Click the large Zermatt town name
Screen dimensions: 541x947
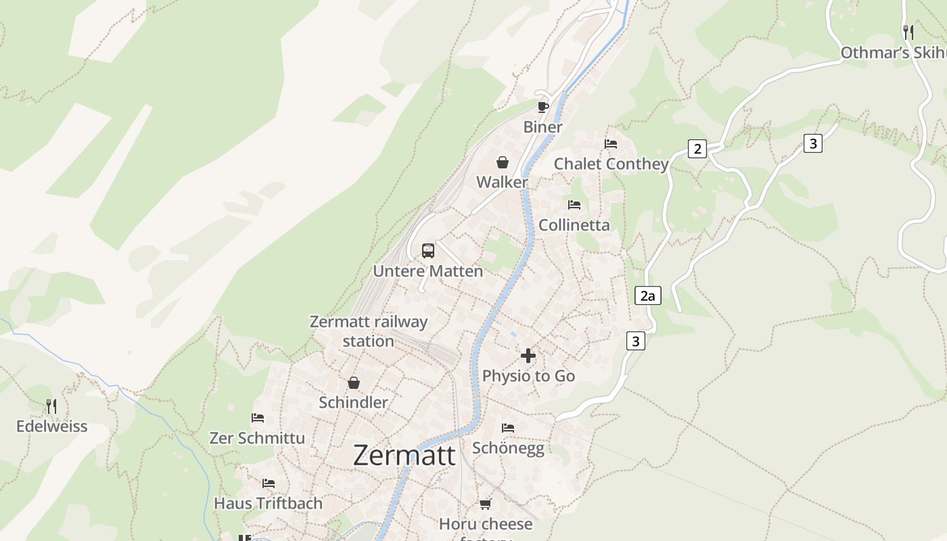point(405,455)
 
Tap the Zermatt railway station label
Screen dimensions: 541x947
point(369,331)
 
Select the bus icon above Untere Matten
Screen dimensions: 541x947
point(428,251)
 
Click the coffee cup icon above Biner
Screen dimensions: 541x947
point(542,107)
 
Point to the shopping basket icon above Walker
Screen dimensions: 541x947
point(503,162)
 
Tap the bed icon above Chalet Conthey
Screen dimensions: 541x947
point(611,144)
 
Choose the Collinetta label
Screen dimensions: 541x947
point(574,225)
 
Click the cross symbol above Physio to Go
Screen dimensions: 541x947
point(528,356)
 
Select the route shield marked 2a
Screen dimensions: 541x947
point(648,296)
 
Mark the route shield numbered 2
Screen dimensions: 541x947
point(697,149)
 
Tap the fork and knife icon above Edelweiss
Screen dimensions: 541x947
point(51,406)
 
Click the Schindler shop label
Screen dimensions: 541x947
point(353,402)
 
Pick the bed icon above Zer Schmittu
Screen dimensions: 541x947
point(258,418)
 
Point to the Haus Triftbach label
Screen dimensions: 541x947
point(268,503)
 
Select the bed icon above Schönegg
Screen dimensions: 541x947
point(508,428)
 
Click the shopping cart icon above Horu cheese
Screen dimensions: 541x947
point(485,504)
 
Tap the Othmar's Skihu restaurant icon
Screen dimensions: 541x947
point(908,32)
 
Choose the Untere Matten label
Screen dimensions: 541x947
point(428,271)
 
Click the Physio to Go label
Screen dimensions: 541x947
point(528,376)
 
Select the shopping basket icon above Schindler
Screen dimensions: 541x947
point(354,383)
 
